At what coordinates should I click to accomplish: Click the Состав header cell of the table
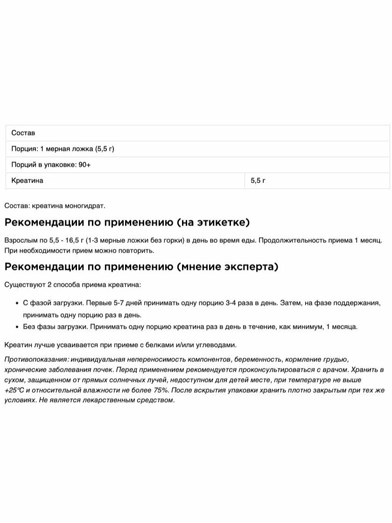[23, 133]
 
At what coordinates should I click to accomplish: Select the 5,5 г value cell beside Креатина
[258, 181]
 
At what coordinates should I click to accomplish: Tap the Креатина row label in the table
[27, 181]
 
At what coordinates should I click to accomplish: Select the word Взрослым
[19, 240]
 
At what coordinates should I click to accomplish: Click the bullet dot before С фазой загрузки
[17, 303]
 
